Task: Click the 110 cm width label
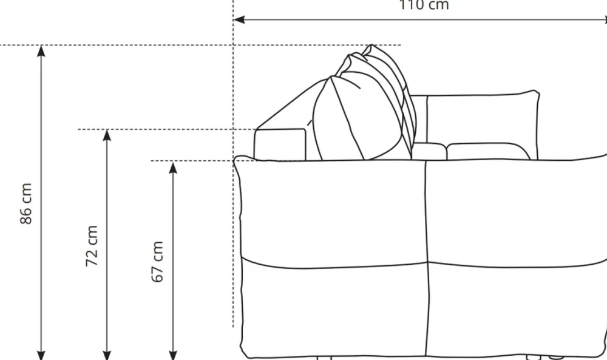tap(424, 5)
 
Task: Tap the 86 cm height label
tap(26, 203)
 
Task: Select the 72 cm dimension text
tap(92, 246)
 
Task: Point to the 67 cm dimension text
tap(157, 262)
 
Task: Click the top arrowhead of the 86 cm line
tap(41, 51)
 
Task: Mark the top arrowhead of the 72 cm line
tap(107, 135)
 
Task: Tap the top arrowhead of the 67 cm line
tap(173, 167)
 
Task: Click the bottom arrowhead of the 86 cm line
tap(41, 355)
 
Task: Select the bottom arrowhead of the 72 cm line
tap(107, 355)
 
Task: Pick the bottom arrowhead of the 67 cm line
tap(173, 355)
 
